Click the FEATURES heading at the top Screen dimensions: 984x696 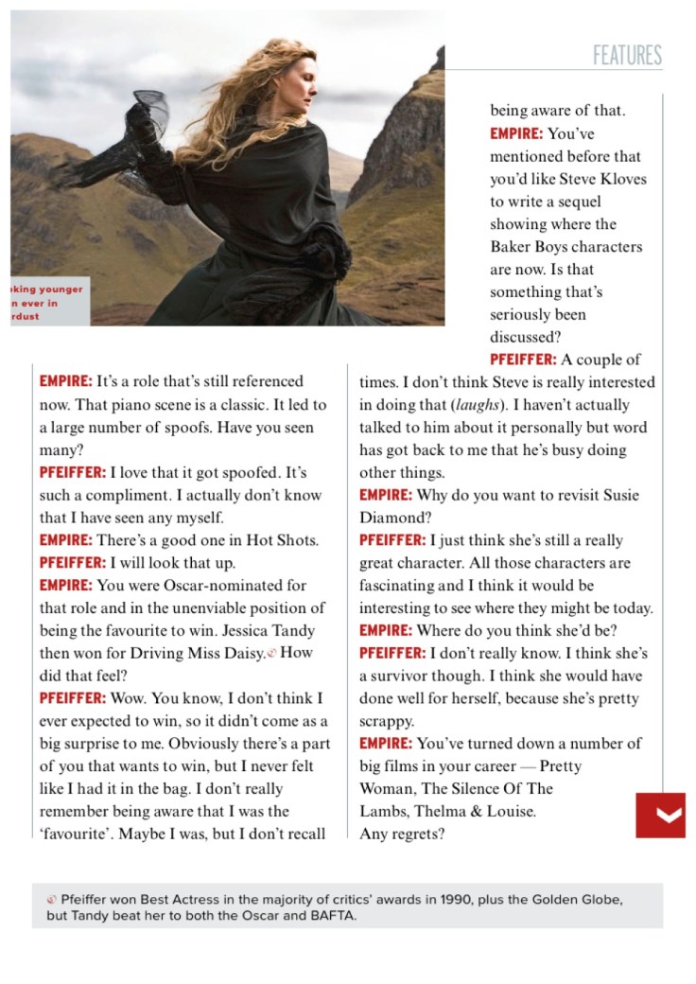point(627,55)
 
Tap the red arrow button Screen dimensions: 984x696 point(660,816)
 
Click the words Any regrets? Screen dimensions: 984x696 point(402,834)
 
